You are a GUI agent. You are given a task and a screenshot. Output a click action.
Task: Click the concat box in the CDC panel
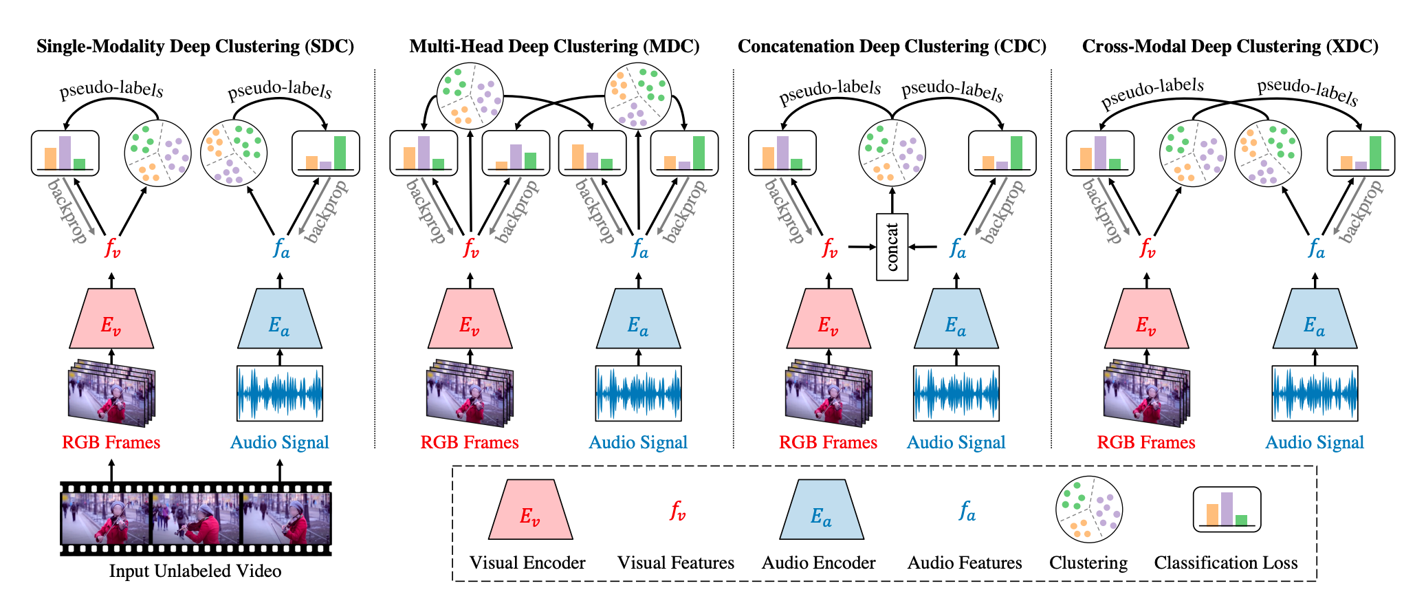pos(892,247)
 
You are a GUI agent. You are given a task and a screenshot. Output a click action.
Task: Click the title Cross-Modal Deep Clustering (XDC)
pos(1230,46)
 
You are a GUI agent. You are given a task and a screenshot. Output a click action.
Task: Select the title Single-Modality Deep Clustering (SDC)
pos(195,46)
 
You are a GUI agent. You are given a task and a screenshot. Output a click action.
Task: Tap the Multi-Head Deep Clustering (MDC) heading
pos(554,46)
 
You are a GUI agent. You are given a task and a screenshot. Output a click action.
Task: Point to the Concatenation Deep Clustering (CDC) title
pos(892,46)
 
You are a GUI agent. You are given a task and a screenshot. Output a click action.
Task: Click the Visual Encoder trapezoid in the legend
pos(530,510)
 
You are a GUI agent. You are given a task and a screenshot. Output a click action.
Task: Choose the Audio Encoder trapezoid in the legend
pos(821,510)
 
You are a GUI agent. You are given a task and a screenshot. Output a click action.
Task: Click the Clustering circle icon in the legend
pos(1089,510)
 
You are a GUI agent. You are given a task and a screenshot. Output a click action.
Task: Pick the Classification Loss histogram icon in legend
pos(1227,510)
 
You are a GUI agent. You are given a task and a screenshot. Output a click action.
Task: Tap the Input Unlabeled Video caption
pos(195,571)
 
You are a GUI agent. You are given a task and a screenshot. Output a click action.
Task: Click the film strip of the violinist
pos(196,518)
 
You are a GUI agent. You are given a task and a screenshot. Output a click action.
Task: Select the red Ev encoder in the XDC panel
pos(1146,319)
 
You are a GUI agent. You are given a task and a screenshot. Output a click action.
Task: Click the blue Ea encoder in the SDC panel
pos(279,319)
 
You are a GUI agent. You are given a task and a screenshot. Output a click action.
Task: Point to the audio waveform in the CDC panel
pos(956,393)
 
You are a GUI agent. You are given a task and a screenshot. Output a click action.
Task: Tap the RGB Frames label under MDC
pos(470,442)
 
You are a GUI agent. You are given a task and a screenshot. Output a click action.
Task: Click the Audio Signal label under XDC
pos(1315,442)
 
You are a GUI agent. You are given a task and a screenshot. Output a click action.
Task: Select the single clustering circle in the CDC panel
pos(892,153)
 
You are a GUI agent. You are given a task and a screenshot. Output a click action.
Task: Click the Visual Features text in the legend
pos(675,562)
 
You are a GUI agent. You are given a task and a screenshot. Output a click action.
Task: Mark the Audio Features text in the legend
pos(965,562)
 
